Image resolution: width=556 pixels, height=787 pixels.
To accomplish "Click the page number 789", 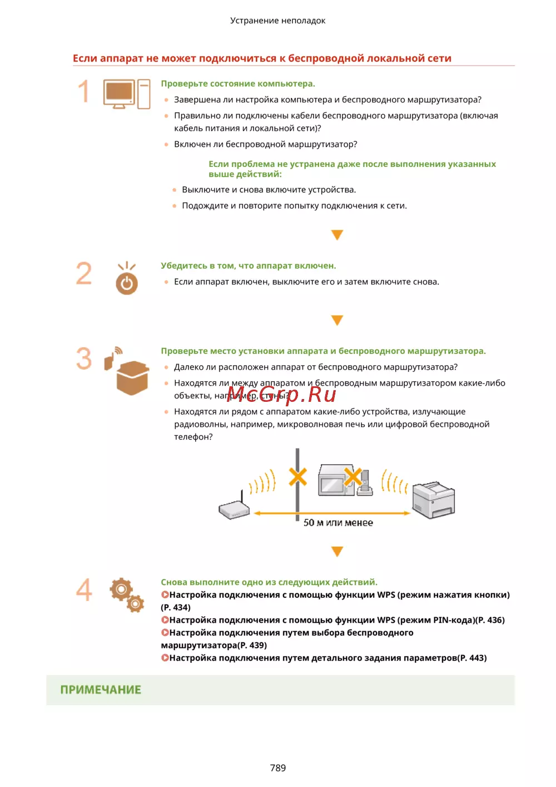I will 277,768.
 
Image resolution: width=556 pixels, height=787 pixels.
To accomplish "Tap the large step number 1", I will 83,91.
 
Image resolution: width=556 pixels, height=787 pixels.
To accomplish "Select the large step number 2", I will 84,273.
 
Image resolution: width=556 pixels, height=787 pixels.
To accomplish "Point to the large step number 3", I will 84,358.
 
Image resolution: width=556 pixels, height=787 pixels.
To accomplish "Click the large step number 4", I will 84,589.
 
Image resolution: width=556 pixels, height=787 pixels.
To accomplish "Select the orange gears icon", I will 127,594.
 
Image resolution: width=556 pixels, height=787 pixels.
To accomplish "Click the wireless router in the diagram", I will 234,508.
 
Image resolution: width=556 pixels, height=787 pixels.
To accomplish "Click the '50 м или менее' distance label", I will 338,523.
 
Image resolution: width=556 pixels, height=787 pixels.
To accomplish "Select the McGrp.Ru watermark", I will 281,394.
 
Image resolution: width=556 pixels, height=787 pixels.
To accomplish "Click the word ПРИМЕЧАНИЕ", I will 101,690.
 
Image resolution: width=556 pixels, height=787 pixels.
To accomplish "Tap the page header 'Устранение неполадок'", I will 277,21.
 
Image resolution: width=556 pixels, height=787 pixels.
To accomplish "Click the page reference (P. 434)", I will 176,607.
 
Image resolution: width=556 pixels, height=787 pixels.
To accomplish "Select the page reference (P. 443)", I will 472,658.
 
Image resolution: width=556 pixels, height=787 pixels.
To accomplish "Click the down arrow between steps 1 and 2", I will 337,235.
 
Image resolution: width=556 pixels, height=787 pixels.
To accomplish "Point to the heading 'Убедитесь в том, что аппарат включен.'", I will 248,265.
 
